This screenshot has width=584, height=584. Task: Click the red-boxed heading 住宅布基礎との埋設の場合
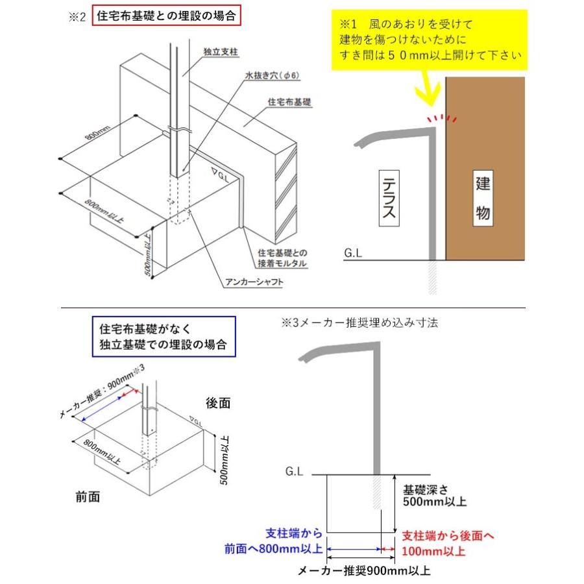(167, 16)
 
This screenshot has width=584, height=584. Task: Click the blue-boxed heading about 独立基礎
(164, 336)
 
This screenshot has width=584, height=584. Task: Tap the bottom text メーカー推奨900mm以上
(363, 572)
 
